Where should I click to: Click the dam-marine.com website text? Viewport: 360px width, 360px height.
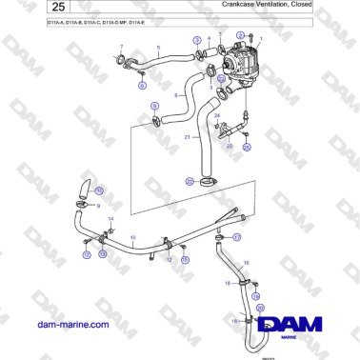click(x=71, y=325)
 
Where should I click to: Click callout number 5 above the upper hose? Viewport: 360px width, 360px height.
click(x=158, y=47)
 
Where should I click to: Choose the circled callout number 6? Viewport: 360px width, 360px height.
click(x=142, y=85)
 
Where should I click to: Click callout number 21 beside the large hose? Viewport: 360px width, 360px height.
click(x=187, y=136)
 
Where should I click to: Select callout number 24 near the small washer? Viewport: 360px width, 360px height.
click(x=218, y=115)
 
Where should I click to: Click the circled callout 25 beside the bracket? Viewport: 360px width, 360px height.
click(x=246, y=148)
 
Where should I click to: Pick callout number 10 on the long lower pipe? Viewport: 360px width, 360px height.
click(x=133, y=236)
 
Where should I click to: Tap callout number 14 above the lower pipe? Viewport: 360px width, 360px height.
click(x=110, y=219)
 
